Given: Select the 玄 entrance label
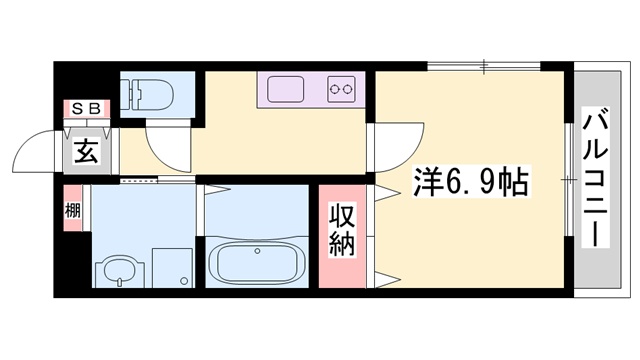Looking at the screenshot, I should (x=86, y=153).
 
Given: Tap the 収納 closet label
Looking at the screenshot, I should (x=342, y=231).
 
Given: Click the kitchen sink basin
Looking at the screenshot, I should (x=285, y=88).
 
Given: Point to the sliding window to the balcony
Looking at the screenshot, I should (x=568, y=180).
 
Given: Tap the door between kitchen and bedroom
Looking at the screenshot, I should (x=371, y=150).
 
